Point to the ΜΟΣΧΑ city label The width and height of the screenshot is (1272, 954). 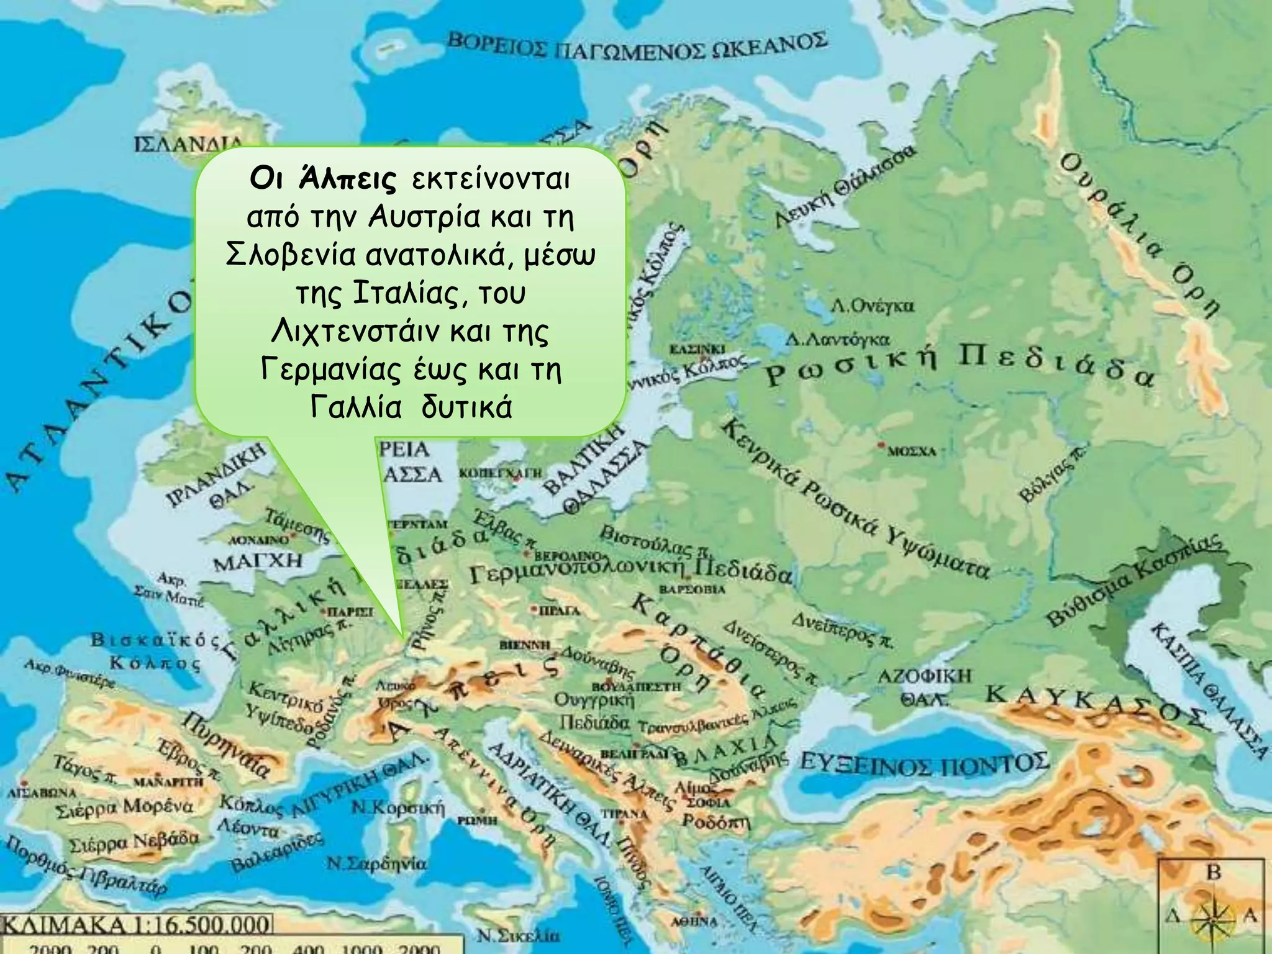[911, 452]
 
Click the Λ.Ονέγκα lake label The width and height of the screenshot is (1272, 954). [873, 306]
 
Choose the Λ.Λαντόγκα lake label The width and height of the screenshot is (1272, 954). [837, 340]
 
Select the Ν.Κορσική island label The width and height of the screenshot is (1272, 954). [398, 808]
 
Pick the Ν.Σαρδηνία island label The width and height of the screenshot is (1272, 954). [377, 864]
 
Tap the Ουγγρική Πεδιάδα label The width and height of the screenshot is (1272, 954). [594, 712]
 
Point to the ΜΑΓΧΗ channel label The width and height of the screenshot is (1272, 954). [258, 562]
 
